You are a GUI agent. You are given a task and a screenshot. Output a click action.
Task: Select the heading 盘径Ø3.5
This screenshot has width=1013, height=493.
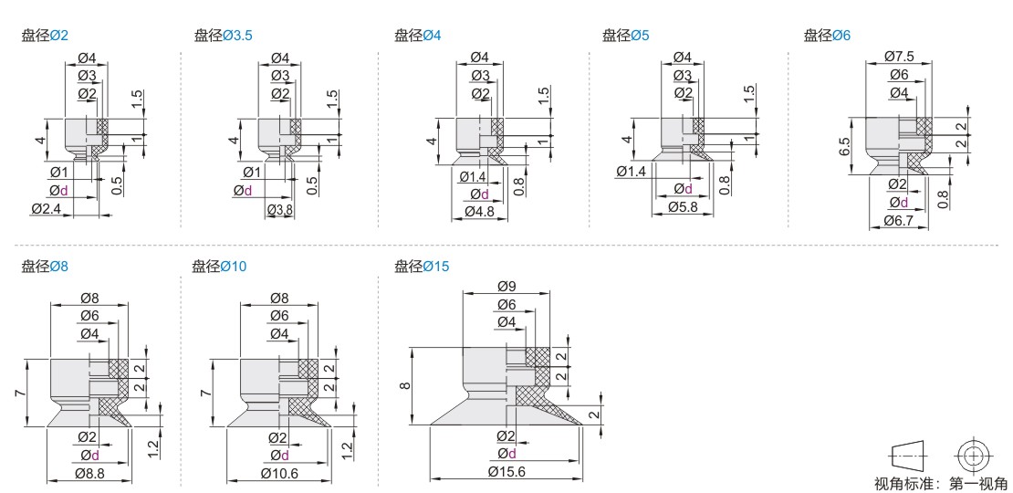[x=223, y=37]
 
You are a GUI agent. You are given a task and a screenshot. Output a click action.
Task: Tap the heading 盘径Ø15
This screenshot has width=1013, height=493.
[x=422, y=267]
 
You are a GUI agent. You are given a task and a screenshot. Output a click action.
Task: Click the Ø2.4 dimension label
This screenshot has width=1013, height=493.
[x=46, y=208]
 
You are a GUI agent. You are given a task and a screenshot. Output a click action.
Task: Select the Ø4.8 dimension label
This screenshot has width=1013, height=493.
[x=478, y=211]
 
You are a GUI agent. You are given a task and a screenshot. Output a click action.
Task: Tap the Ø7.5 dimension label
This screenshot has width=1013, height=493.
[x=899, y=57]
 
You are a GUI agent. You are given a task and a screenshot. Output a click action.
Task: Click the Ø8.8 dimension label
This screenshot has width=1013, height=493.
[x=89, y=474]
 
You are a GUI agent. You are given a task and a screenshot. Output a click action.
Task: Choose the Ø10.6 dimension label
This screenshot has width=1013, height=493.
[x=279, y=474]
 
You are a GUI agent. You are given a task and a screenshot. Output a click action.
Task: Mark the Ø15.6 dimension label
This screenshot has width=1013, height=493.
[x=507, y=472]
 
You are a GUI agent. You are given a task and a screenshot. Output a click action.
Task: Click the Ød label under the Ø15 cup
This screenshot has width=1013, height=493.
[x=506, y=452]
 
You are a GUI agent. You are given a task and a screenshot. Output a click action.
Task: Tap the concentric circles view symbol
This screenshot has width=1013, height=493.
[x=971, y=456]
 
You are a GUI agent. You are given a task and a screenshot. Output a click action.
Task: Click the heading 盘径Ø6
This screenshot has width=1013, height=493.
[x=827, y=37]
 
